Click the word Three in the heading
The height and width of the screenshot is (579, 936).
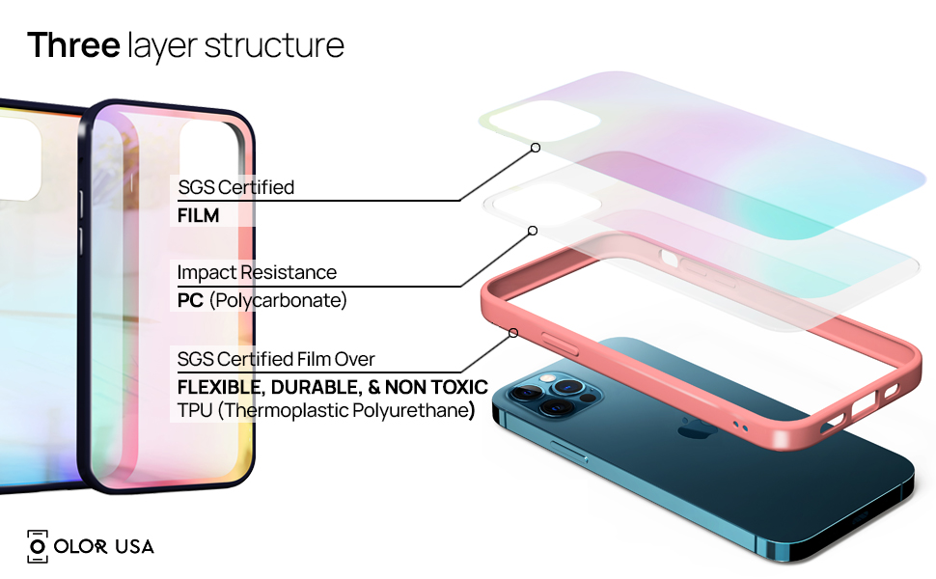click(x=72, y=44)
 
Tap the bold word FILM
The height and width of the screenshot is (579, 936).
click(x=199, y=216)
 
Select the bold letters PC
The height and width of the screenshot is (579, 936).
click(x=190, y=301)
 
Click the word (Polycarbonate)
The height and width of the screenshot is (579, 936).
click(x=278, y=301)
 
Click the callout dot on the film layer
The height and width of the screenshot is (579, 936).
click(x=535, y=148)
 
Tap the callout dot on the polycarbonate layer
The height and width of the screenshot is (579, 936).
click(x=532, y=231)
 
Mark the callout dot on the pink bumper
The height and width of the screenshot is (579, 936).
click(x=513, y=333)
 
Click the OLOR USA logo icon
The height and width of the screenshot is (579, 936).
click(x=38, y=546)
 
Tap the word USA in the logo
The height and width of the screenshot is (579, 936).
click(x=134, y=547)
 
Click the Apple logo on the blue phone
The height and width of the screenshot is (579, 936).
click(x=691, y=427)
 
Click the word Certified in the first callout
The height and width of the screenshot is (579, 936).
click(x=257, y=187)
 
